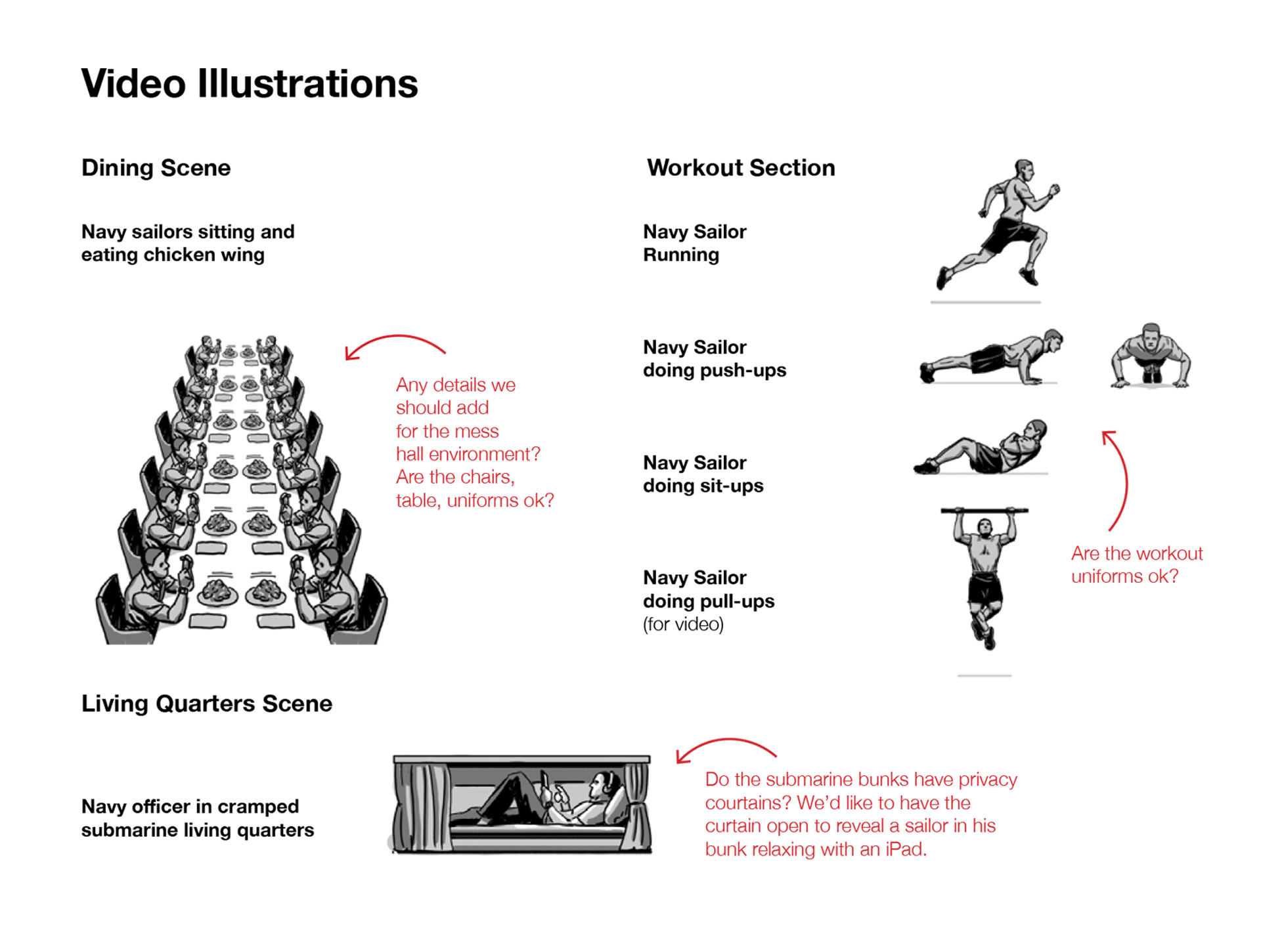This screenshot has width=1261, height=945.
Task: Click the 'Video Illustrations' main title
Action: pos(250,83)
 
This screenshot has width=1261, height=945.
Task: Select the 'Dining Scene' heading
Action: pos(156,168)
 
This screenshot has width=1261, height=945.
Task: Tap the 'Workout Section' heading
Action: pos(741,168)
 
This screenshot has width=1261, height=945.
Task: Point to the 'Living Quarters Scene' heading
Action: pos(207,703)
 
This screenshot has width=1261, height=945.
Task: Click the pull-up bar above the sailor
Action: pos(984,511)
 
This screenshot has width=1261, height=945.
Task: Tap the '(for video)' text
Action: pos(683,624)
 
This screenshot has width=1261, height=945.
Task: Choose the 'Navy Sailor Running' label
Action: pos(695,243)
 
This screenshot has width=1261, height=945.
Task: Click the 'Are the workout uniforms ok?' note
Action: pos(1137,565)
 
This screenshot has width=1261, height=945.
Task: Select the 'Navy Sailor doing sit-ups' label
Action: pos(703,474)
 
